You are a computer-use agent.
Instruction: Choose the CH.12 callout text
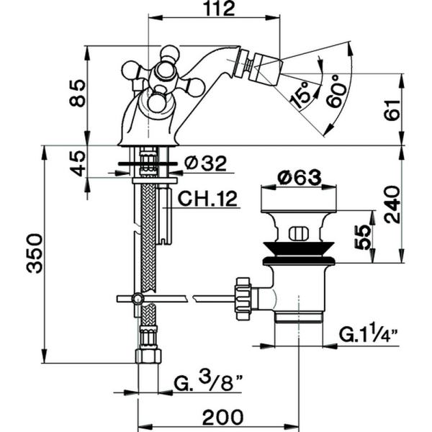pos(208,199)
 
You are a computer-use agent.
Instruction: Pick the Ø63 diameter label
pos(297,177)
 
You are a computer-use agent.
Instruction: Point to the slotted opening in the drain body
pos(297,233)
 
